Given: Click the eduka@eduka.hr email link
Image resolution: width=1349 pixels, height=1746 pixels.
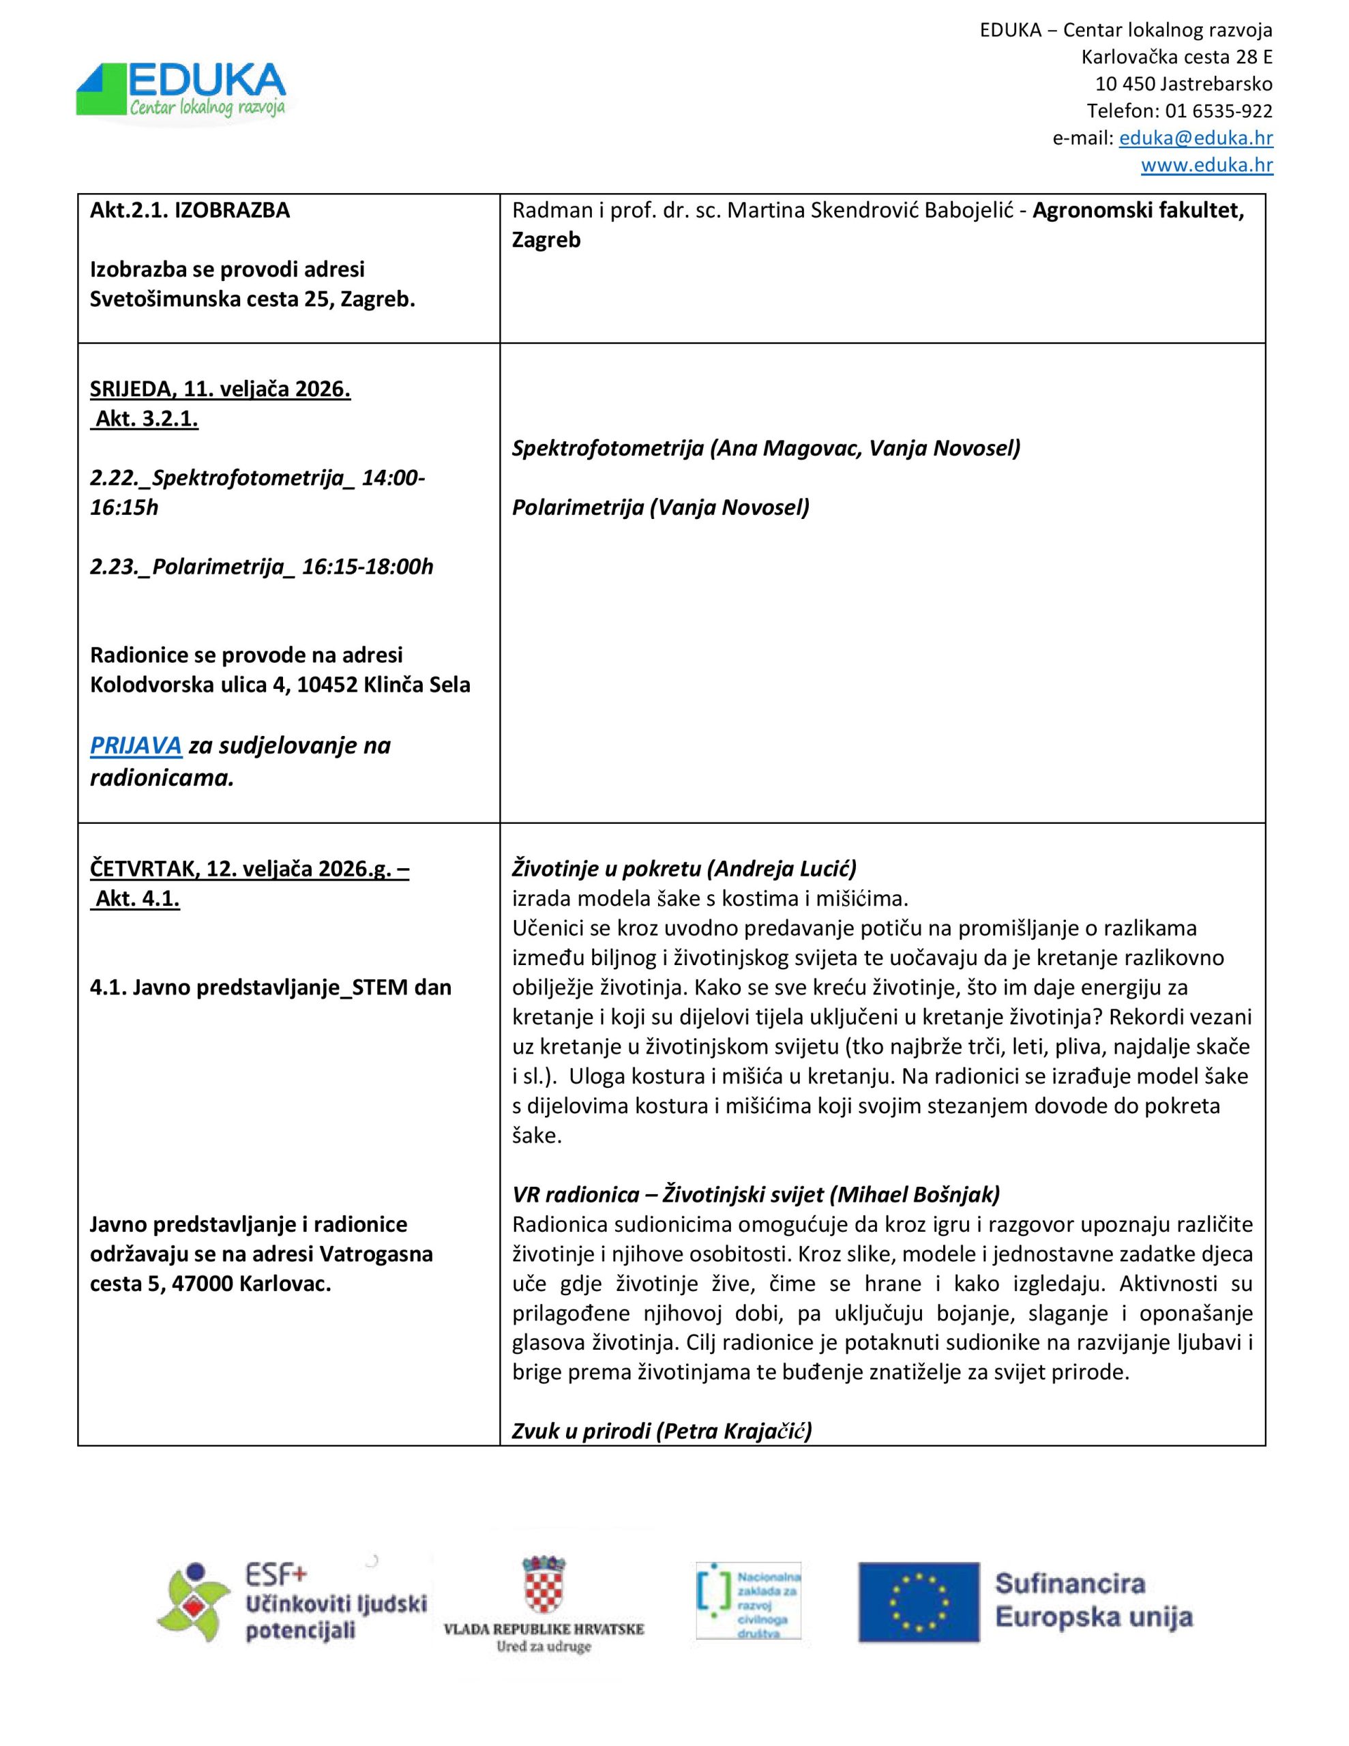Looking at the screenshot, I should coord(1195,138).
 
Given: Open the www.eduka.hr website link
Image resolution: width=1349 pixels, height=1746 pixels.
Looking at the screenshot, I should coord(1206,166).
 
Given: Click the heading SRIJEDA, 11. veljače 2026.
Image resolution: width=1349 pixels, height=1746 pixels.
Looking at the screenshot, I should coord(220,389).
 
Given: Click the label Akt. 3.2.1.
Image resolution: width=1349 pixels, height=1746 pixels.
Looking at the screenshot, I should coord(145,419).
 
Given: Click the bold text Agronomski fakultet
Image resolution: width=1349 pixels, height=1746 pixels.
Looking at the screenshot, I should coord(1138,211).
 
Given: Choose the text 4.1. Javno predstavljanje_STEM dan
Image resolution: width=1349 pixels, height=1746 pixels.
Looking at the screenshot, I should coord(270,988).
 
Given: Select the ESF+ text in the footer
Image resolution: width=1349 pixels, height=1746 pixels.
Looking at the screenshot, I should coord(276,1575).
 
